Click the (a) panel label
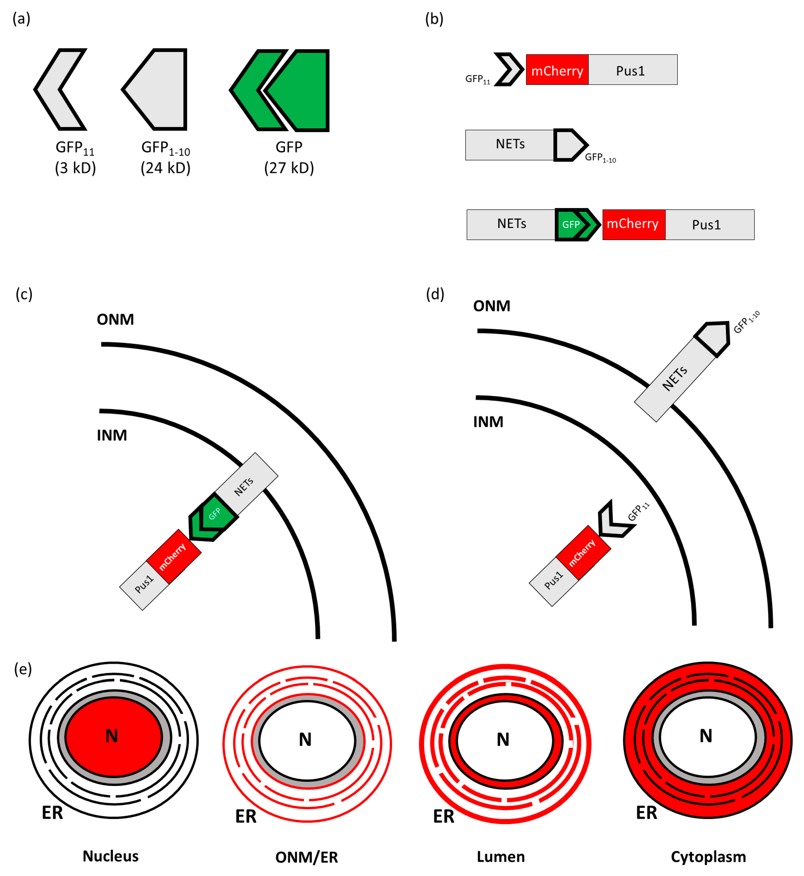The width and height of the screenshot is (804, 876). [x=21, y=19]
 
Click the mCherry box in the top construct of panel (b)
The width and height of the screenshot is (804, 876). [x=557, y=70]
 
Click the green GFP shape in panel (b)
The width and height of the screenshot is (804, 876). [x=578, y=225]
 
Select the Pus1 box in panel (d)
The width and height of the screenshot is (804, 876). [x=553, y=582]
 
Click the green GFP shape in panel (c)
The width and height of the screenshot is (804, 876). [x=213, y=517]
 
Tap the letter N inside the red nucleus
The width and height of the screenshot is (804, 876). [x=112, y=736]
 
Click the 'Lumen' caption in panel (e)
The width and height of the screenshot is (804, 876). [x=501, y=856]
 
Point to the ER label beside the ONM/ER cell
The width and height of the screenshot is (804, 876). [x=246, y=816]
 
